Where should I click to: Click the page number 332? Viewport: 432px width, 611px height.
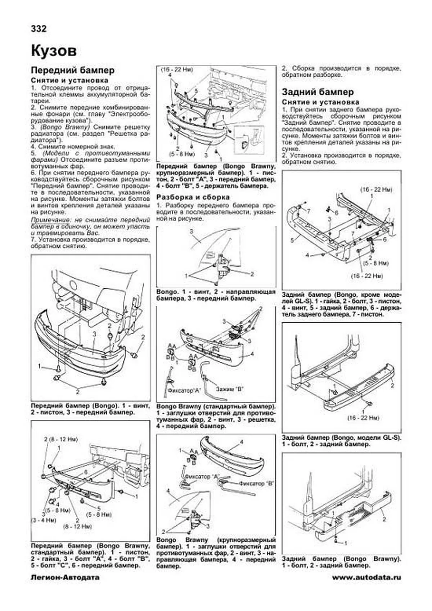(39, 28)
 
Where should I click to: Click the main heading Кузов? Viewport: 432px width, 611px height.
(54, 51)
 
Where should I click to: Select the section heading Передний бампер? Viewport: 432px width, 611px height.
(73, 70)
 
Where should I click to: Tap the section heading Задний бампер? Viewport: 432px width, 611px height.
(318, 92)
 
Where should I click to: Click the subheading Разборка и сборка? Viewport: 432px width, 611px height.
(193, 197)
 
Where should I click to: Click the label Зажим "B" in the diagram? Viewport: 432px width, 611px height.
(230, 389)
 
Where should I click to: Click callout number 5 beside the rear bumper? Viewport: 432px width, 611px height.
(292, 239)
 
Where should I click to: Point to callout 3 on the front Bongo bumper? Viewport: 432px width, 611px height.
(94, 334)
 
